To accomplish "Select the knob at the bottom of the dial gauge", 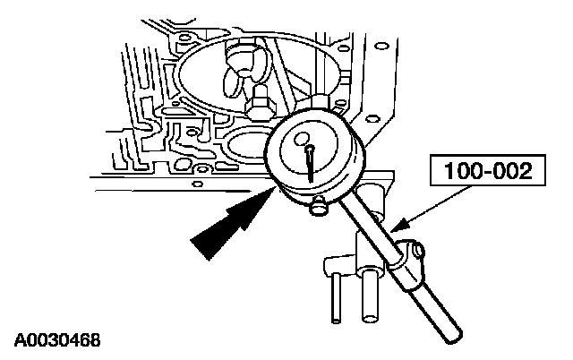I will [318, 208].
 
